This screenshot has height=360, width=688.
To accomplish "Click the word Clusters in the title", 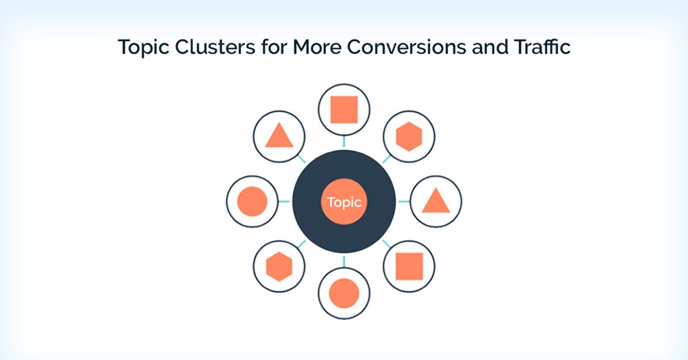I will coord(206,47).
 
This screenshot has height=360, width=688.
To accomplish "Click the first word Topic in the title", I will coord(143,48).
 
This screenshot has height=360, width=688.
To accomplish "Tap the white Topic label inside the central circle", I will coord(344,202).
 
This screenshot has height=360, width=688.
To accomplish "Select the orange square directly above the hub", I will coord(344,109).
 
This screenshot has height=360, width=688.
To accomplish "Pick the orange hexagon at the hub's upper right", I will coord(409,136).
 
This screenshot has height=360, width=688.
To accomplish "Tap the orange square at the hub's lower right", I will coord(409,266).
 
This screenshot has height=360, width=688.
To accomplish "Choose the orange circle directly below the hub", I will coord(344,294).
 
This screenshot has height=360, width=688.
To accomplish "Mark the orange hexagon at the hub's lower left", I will coord(279,267).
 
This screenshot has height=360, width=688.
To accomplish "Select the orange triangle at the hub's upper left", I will coord(279,137).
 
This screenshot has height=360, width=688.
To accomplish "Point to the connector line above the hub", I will coord(344,142).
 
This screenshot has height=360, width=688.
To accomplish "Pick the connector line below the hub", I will coord(344,261).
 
